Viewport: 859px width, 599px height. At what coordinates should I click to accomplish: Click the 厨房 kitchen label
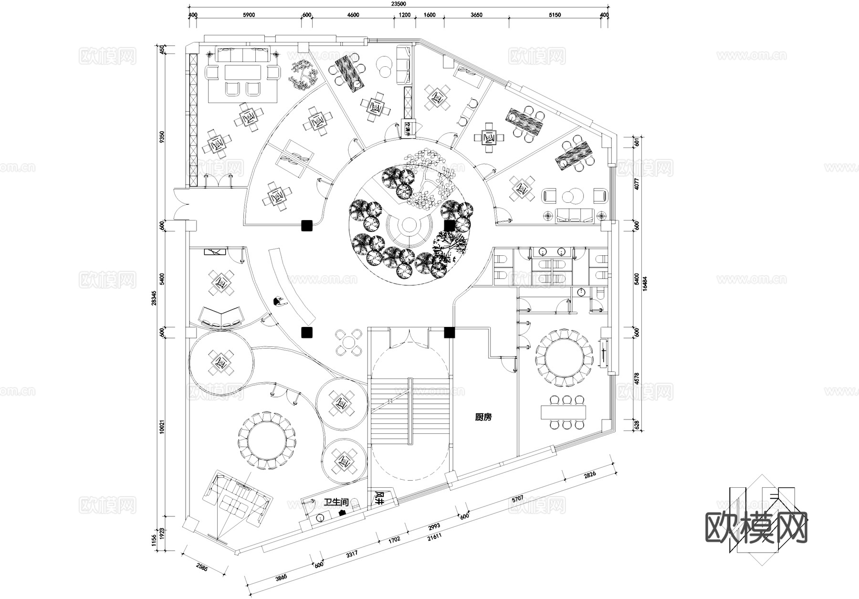pyautogui.click(x=483, y=417)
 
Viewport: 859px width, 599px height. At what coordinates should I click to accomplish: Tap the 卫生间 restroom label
pyautogui.click(x=336, y=503)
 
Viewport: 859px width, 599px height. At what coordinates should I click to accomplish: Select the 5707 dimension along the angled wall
pyautogui.click(x=517, y=498)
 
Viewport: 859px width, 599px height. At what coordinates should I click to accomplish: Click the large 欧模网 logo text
pyautogui.click(x=756, y=528)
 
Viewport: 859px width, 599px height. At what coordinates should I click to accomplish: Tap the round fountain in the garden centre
pyautogui.click(x=409, y=224)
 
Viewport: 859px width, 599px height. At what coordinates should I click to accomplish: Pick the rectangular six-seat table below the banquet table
pyautogui.click(x=564, y=411)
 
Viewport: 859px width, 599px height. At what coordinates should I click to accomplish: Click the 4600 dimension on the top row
pyautogui.click(x=353, y=15)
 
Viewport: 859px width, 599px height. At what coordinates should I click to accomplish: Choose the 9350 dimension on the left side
pyautogui.click(x=162, y=137)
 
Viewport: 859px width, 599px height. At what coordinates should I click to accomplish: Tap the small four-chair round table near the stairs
pyautogui.click(x=349, y=342)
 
